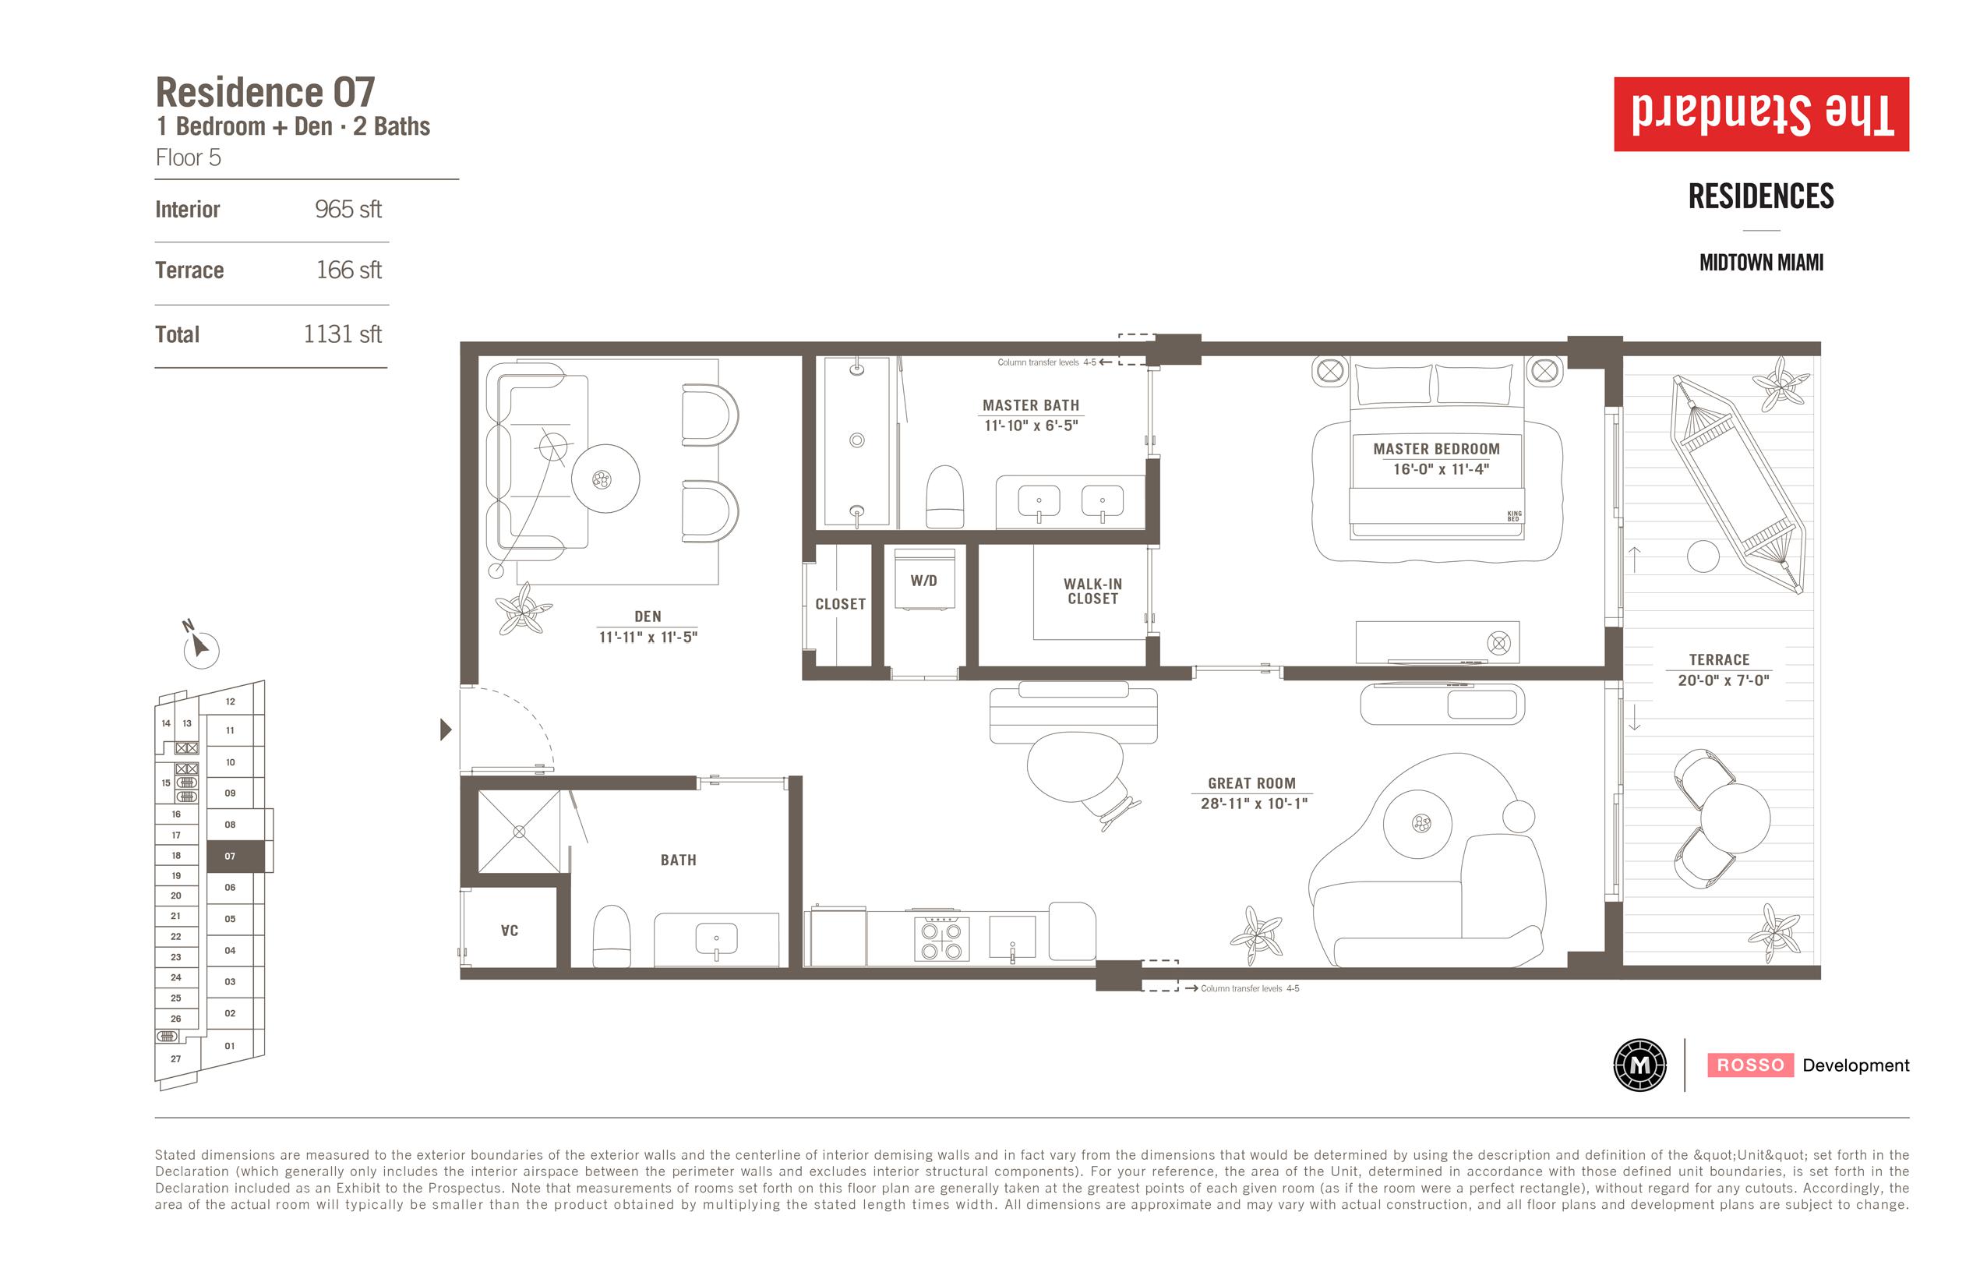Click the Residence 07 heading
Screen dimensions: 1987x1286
[x=266, y=92]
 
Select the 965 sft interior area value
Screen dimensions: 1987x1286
[x=348, y=209]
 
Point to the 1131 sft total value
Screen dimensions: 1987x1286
[x=342, y=334]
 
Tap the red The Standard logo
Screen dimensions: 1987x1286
[x=1761, y=115]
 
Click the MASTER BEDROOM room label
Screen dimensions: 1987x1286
[x=1436, y=449]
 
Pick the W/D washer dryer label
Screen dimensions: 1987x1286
[x=923, y=581]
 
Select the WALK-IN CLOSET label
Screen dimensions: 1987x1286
[x=1092, y=592]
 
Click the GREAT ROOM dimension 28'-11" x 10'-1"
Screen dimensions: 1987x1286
[x=1254, y=804]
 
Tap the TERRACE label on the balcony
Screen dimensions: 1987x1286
[x=1719, y=659]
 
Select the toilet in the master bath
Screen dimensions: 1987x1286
[x=945, y=497]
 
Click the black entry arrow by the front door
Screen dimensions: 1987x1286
[x=446, y=730]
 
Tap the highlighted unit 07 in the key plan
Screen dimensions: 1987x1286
[x=235, y=856]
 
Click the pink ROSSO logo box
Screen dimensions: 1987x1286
[x=1750, y=1065]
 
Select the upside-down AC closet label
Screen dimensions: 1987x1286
[x=510, y=931]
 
